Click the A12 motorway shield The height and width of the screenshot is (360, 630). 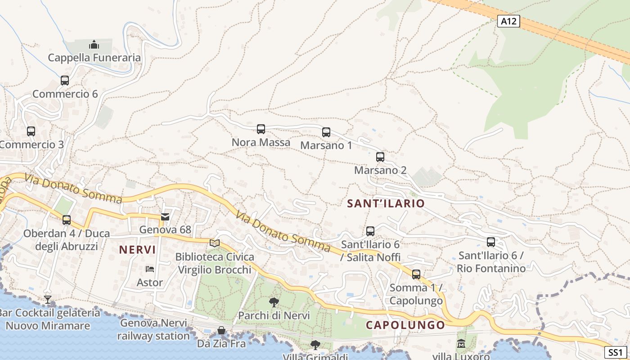point(508,21)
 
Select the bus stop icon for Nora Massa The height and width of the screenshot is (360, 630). point(261,129)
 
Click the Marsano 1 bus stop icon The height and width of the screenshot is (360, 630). point(326,132)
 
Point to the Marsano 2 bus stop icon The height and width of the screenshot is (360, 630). point(380,157)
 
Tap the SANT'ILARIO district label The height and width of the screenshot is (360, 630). point(386,203)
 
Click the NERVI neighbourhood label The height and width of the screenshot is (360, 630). point(138,250)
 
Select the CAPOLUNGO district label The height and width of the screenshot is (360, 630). point(405,325)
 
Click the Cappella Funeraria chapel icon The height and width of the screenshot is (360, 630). point(94,45)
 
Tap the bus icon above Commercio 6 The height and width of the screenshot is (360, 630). point(65,81)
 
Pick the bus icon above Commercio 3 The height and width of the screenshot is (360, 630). point(31,131)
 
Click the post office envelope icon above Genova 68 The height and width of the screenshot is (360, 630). point(165,217)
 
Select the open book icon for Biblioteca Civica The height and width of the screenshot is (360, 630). point(215,243)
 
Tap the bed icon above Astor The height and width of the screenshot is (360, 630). point(150,270)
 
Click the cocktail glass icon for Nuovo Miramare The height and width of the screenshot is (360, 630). point(48,299)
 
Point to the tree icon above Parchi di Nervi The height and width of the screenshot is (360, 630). point(274,302)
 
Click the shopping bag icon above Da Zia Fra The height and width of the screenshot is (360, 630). point(221,331)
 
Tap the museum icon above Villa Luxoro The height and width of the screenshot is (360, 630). point(461,344)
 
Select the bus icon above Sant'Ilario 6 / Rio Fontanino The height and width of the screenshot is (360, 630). point(491,242)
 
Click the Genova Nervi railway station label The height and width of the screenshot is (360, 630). point(153,329)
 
